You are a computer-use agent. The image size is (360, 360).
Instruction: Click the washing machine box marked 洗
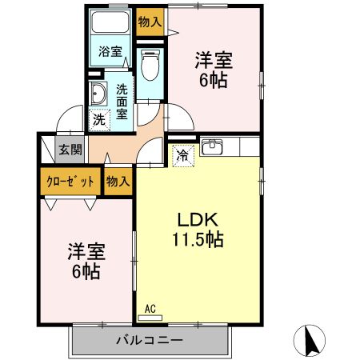tap(98, 120)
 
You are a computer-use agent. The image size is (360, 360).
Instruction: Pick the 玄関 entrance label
tap(70, 150)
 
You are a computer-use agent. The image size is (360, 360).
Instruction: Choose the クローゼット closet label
tap(69, 182)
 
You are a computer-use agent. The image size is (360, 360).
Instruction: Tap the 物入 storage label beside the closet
tap(118, 182)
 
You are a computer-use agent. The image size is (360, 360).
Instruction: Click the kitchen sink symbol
tap(212, 147)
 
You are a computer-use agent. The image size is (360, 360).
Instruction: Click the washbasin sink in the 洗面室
tap(99, 94)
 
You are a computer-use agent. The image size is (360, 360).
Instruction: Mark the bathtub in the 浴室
tap(110, 22)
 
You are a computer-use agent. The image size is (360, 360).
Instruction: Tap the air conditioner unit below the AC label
tap(150, 317)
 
